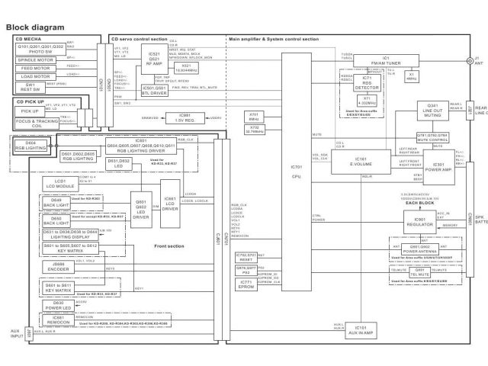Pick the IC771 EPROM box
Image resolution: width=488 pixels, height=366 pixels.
click(x=246, y=284)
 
